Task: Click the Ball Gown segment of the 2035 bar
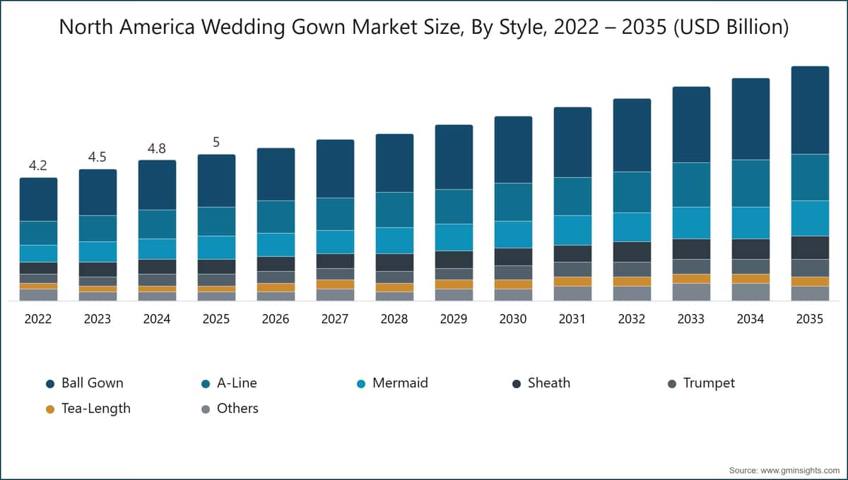(810, 110)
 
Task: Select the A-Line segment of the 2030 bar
(513, 202)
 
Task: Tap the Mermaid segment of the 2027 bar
(335, 241)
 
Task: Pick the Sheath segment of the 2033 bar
(691, 248)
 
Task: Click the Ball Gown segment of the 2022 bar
(38, 199)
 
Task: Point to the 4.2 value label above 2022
(38, 166)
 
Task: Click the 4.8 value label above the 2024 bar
(157, 149)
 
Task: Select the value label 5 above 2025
(216, 143)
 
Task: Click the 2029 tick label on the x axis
(454, 319)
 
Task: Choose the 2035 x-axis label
(810, 319)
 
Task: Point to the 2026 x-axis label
(276, 319)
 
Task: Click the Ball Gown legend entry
(92, 383)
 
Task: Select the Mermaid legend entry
(400, 383)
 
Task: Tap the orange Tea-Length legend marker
(50, 409)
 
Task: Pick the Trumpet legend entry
(709, 383)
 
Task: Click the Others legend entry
(237, 409)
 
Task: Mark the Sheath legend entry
(548, 383)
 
